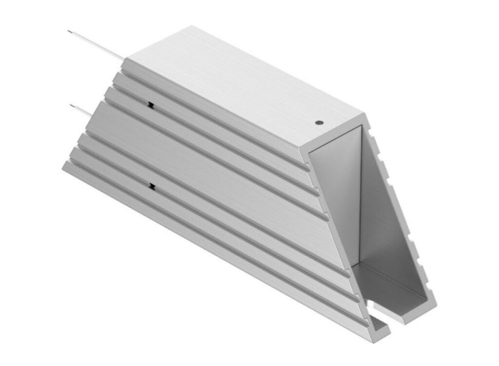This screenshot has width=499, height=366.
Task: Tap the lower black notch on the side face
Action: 153,185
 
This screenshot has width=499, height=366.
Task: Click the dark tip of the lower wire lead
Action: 73,105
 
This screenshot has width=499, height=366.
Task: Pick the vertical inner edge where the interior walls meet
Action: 360,195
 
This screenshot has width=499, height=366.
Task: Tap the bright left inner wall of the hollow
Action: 336,195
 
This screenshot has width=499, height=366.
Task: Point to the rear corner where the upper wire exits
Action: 125,60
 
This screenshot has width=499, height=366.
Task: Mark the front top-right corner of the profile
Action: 364,116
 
